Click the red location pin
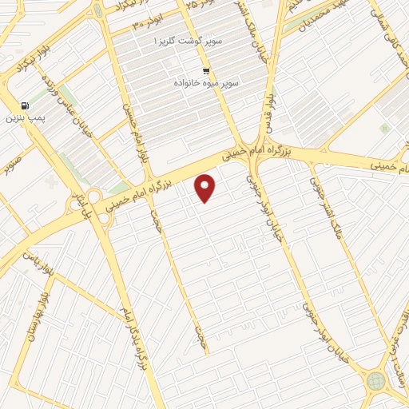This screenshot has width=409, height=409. [205, 188]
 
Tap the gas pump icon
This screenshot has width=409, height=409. [25, 105]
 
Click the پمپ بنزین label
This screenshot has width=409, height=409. [24, 117]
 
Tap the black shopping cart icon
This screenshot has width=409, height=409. [206, 69]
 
